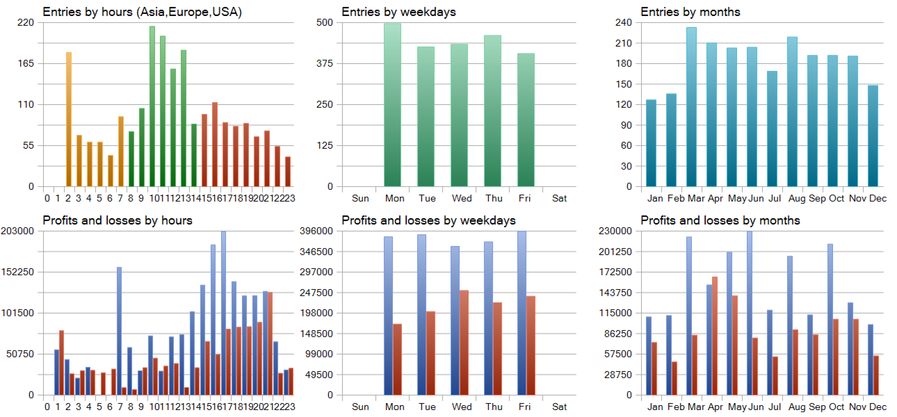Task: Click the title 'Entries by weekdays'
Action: click(x=398, y=12)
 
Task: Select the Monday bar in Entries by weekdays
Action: click(x=392, y=105)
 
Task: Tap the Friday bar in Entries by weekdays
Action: click(x=526, y=120)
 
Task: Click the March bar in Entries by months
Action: click(x=691, y=107)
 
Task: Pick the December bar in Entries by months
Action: click(x=873, y=136)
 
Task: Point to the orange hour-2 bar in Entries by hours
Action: click(x=68, y=120)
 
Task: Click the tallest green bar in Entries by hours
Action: click(x=152, y=106)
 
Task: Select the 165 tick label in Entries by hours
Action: click(x=26, y=64)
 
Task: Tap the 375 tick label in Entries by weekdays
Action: click(x=325, y=64)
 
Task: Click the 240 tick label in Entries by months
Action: click(x=624, y=22)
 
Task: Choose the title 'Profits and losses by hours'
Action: click(x=118, y=220)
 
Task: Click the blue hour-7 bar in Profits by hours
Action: click(x=120, y=331)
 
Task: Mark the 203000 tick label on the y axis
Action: click(x=17, y=231)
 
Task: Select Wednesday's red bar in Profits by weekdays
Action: click(x=464, y=343)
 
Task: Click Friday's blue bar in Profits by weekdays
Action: click(x=522, y=313)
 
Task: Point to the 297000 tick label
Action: click(x=316, y=272)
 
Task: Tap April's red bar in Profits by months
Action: click(x=715, y=336)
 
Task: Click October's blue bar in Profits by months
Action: click(x=830, y=320)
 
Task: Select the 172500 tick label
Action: click(x=615, y=272)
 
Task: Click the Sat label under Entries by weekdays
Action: click(x=559, y=198)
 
